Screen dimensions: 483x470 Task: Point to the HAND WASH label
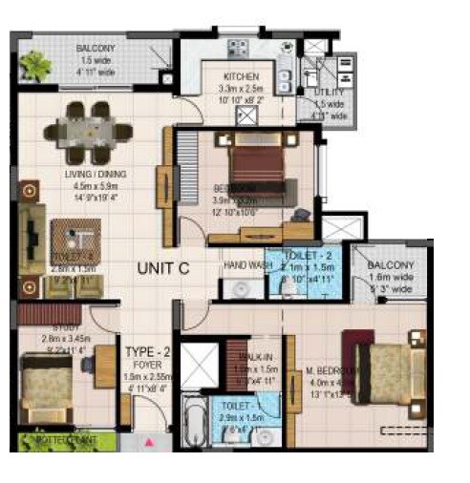tap(243, 265)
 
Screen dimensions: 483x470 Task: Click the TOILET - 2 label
tap(306, 257)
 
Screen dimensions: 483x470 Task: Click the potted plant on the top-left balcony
tap(35, 65)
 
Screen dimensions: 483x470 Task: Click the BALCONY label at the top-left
tap(97, 47)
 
